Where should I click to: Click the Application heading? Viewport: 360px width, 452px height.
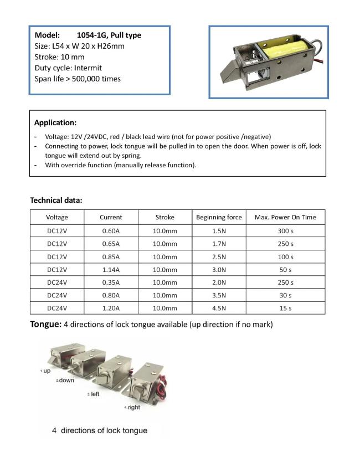(55, 122)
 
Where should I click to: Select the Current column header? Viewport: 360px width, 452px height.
(111, 217)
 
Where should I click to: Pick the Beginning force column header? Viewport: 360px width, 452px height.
(219, 217)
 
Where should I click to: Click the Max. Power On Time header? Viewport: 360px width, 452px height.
(285, 217)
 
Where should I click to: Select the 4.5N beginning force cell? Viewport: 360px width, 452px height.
(219, 308)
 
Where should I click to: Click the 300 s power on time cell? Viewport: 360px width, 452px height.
(285, 231)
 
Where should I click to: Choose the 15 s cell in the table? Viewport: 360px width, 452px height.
(285, 308)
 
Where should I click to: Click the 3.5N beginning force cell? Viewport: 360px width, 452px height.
(219, 295)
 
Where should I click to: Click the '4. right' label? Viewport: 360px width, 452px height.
(132, 407)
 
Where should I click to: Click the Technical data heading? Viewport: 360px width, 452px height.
(56, 200)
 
